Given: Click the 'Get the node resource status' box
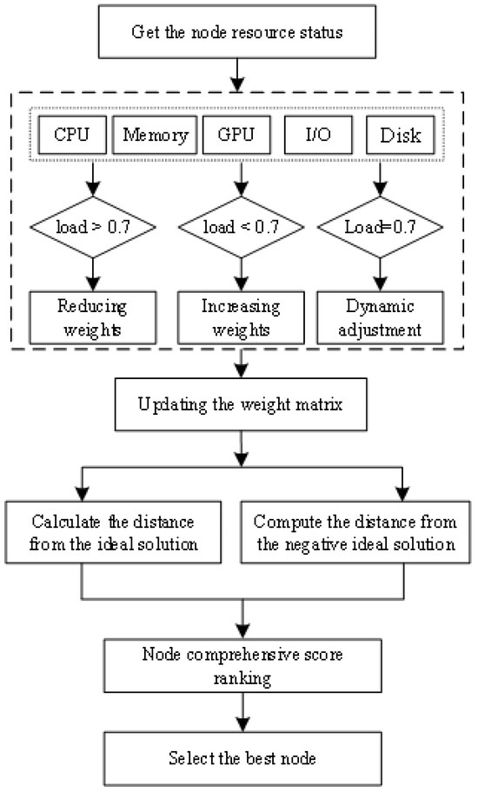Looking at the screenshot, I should click(237, 32).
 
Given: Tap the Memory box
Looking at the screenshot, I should click(155, 135).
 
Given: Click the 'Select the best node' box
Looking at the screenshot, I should click(237, 759).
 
